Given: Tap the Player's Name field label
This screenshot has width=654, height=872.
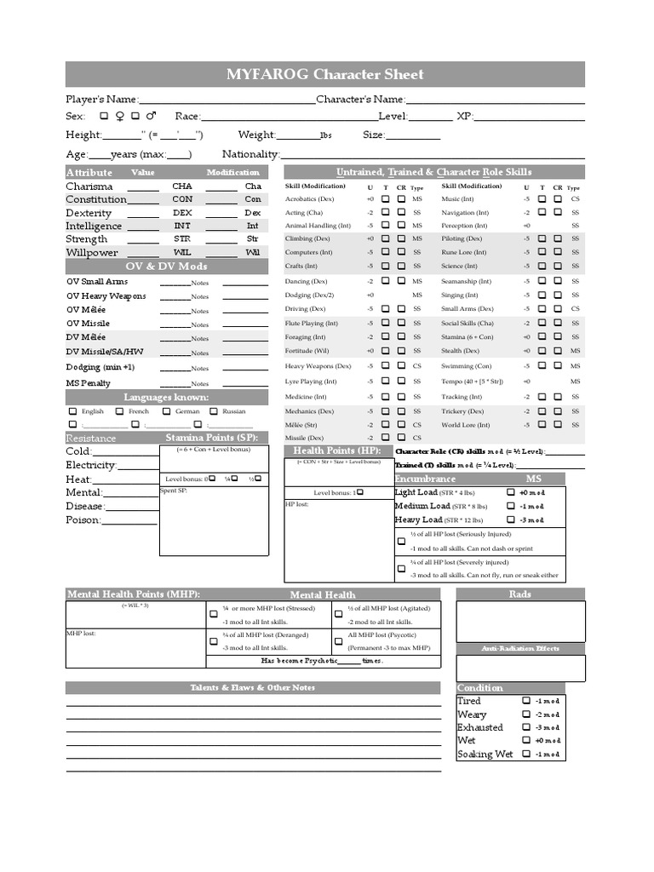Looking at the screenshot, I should click(x=100, y=100).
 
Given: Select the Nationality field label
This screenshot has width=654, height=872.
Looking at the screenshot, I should click(x=250, y=154).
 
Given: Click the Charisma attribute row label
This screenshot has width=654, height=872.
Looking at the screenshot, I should click(x=89, y=186).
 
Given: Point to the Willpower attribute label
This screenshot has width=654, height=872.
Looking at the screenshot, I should click(x=91, y=253).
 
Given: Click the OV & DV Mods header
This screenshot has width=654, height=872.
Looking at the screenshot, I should click(x=167, y=267).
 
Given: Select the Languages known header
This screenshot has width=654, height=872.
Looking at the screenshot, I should click(x=167, y=398).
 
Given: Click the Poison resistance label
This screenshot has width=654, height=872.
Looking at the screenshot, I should click(x=83, y=519).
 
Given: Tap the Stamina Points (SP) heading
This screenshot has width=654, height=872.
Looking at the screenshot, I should click(x=211, y=438).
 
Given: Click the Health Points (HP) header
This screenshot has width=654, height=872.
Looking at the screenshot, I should click(x=336, y=450).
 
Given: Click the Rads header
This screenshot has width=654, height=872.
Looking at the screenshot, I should click(x=520, y=594).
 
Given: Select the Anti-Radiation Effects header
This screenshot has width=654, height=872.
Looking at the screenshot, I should click(x=520, y=649).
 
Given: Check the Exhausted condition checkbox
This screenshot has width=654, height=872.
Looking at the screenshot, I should click(x=526, y=727).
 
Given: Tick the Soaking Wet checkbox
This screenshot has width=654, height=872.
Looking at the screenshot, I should click(x=526, y=754).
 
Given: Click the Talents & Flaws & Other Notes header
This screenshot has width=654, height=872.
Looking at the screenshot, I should click(x=253, y=687).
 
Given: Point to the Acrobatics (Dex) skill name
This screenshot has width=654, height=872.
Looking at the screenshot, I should click(x=309, y=198).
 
